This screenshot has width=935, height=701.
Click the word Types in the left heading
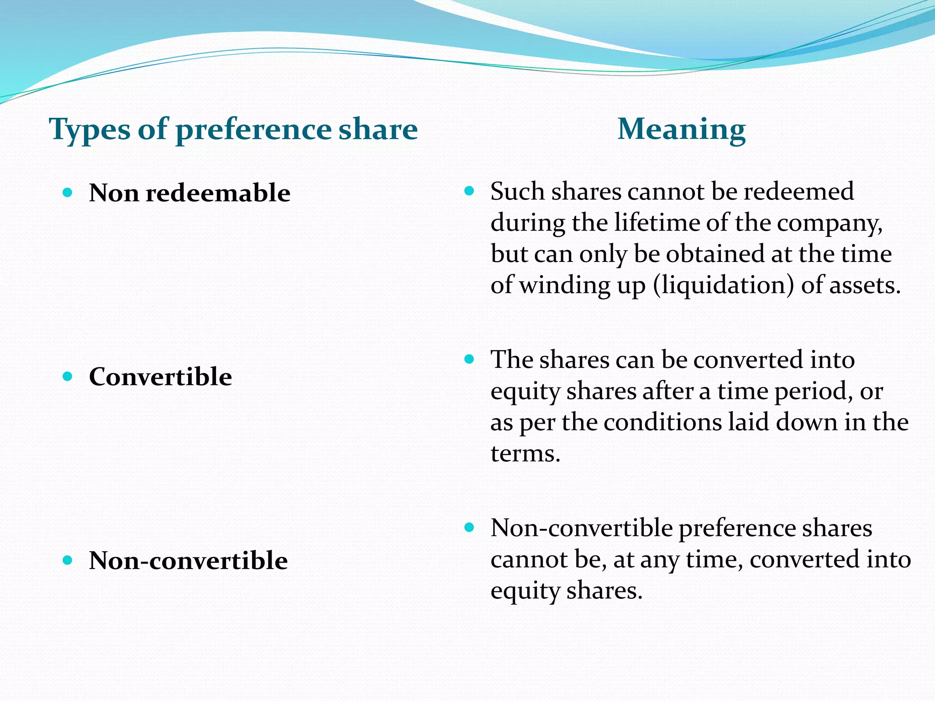point(89,130)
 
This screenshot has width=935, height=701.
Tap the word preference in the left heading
point(253,130)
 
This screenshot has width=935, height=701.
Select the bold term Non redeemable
point(189,193)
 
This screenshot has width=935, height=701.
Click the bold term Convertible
point(160,377)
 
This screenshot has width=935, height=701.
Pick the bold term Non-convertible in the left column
point(188,560)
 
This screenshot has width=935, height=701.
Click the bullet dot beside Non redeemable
point(68,193)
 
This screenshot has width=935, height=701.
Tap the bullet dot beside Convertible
point(68,377)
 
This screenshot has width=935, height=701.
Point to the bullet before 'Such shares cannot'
point(469,191)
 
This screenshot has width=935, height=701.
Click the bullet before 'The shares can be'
point(469,359)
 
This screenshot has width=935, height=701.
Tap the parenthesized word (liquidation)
point(723,285)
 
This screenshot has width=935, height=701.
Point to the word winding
point(564,285)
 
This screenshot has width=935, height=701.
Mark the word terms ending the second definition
point(525,454)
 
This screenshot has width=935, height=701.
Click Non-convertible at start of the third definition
point(581,528)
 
